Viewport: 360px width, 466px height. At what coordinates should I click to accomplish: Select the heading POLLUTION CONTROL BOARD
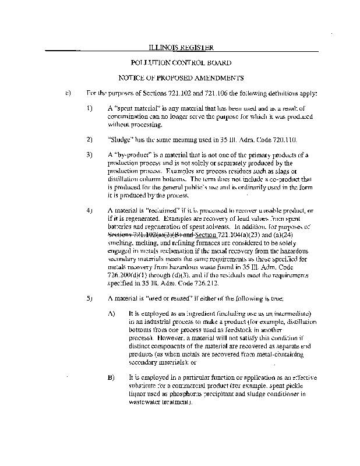click(x=181, y=62)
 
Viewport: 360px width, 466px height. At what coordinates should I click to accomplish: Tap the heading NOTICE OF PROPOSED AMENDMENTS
click(x=181, y=77)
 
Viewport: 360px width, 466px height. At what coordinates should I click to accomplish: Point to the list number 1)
click(x=89, y=109)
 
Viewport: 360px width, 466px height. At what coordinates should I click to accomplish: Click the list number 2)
click(x=89, y=140)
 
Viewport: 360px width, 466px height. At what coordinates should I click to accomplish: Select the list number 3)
click(x=89, y=155)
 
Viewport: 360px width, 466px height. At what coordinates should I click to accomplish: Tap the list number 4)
click(x=89, y=209)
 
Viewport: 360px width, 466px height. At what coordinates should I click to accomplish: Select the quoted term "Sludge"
click(x=120, y=140)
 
